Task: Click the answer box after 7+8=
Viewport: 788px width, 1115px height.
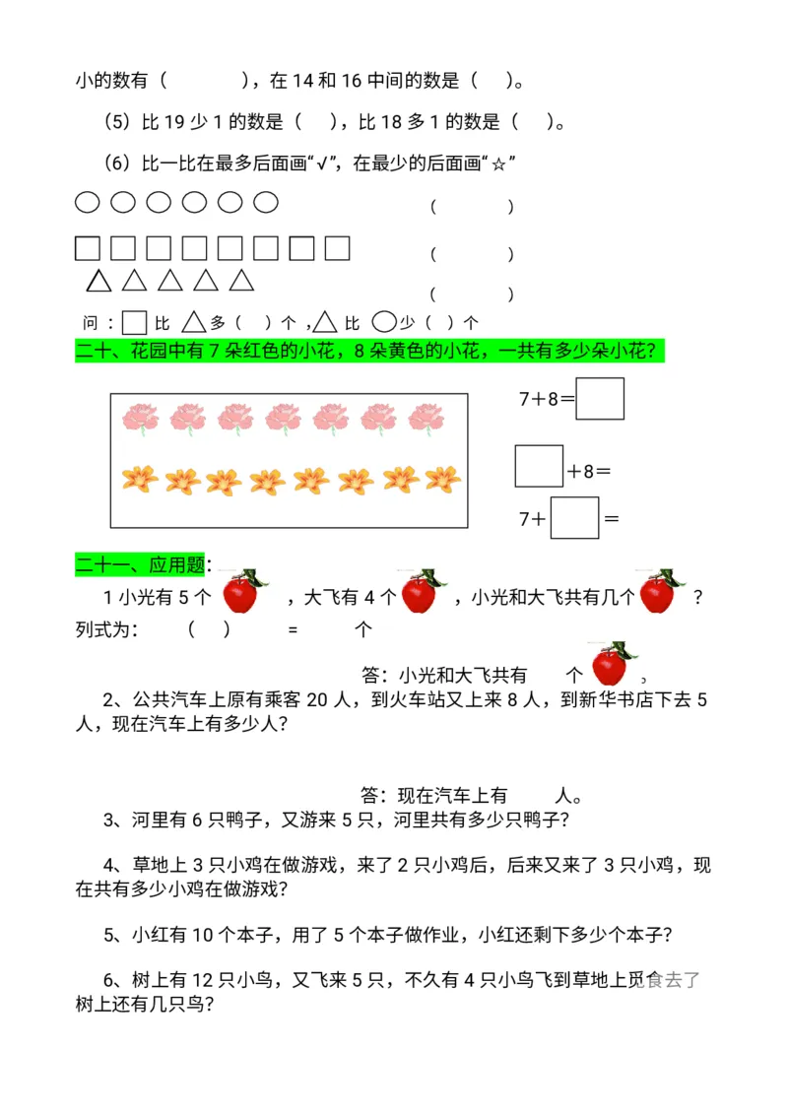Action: point(599,398)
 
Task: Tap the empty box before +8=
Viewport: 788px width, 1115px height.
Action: point(539,466)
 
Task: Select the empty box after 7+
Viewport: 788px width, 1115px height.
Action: point(574,518)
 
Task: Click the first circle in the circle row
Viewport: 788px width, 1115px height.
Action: point(88,203)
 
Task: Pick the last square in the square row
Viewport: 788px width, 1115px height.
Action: point(337,248)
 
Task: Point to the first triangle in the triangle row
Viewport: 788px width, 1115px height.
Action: point(98,281)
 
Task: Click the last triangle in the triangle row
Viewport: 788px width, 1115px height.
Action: point(241,281)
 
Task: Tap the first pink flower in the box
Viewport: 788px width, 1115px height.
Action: point(140,418)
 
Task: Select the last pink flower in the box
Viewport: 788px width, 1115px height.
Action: point(427,418)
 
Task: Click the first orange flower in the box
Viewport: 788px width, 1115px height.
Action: point(140,480)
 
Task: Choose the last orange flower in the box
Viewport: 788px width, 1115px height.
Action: point(443,480)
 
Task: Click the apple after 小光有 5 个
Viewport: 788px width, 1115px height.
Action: point(241,593)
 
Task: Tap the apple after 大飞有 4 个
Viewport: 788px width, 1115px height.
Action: point(421,593)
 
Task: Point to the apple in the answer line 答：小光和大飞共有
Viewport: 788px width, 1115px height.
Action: point(611,667)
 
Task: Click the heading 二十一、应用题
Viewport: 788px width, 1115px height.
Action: point(141,565)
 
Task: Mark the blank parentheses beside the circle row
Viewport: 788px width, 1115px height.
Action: point(472,207)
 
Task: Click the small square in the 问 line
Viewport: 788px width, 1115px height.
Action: point(135,322)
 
